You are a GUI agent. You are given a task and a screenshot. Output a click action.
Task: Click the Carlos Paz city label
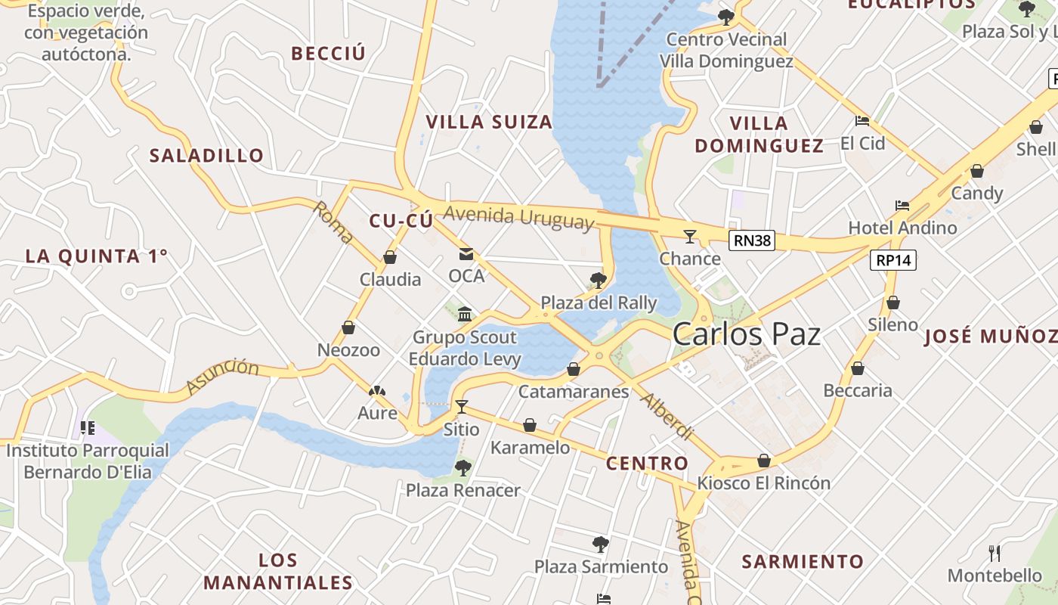746,334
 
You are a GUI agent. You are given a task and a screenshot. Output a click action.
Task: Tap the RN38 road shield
753,240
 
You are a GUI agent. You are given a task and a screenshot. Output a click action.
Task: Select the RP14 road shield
893,260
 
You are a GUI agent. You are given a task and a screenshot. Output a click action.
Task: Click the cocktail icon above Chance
689,237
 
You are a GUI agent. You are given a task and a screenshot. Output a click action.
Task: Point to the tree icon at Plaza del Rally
598,281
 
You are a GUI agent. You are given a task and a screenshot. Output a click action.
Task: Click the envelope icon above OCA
466,254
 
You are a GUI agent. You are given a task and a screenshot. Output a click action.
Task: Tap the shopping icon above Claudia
390,257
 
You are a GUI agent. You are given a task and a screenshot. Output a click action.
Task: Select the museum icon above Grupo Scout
465,314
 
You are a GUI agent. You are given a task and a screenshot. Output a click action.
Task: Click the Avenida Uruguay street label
518,217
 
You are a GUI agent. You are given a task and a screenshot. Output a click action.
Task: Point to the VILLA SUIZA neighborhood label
489,122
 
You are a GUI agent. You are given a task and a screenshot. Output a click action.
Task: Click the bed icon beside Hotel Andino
902,205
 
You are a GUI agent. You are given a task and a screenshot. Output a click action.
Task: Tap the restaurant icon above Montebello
995,554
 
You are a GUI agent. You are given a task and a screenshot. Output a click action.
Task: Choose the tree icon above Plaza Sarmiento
601,544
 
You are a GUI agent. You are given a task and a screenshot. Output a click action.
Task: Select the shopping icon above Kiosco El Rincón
764,461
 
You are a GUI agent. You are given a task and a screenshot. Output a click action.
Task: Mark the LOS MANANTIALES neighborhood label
278,572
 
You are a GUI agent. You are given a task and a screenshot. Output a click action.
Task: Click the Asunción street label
222,376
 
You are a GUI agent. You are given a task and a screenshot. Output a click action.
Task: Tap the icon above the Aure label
376,391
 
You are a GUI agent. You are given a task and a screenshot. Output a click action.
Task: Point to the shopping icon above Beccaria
857,368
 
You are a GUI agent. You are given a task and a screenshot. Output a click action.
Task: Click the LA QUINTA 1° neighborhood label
96,256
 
